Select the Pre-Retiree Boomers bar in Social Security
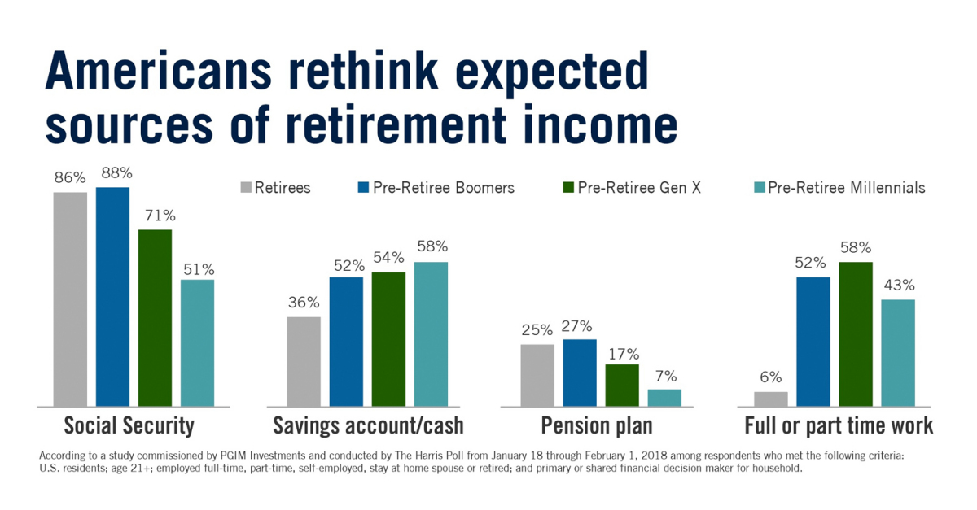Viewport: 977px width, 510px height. pyautogui.click(x=112, y=296)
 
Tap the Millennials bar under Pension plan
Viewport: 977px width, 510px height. pyautogui.click(x=664, y=397)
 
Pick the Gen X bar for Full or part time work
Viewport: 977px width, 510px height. pyautogui.click(x=856, y=333)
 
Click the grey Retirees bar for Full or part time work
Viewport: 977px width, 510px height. pyautogui.click(x=771, y=399)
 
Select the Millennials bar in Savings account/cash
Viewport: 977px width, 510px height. pyautogui.click(x=431, y=333)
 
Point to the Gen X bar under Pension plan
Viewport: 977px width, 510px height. pyautogui.click(x=622, y=385)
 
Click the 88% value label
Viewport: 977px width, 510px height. pyautogui.click(x=112, y=173)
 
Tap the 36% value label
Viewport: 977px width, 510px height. pyautogui.click(x=304, y=303)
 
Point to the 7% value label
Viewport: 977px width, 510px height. pyautogui.click(x=664, y=376)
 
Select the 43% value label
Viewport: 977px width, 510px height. pyautogui.click(x=898, y=286)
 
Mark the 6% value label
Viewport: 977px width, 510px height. pyautogui.click(x=771, y=377)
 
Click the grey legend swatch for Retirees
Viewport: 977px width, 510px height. pyautogui.click(x=246, y=189)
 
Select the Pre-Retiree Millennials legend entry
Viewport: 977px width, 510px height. pyautogui.click(x=839, y=188)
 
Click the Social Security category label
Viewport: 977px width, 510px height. pyautogui.click(x=129, y=425)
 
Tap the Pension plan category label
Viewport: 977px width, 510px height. pyautogui.click(x=597, y=425)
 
